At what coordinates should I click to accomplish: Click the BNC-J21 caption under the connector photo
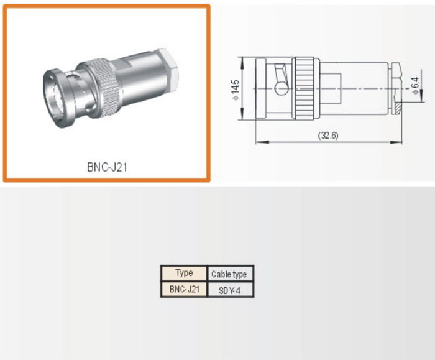108,167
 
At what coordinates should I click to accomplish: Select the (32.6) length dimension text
327,136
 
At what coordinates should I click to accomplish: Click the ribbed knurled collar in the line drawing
306,88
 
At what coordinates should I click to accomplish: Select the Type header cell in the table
184,273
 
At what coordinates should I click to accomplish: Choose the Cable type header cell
229,274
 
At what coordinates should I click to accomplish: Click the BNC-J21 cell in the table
184,289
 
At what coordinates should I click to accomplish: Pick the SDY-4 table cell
229,290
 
